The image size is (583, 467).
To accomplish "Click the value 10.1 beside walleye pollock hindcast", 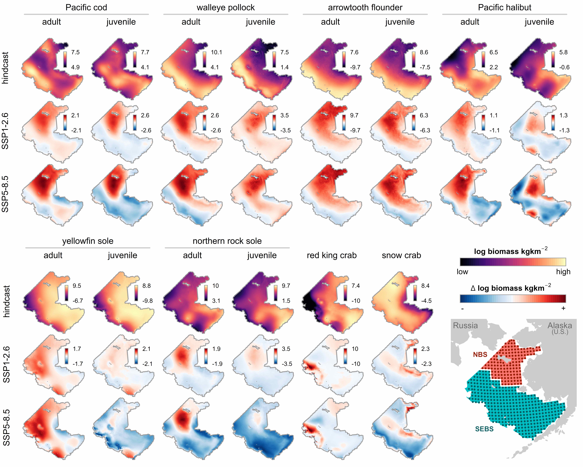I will point(216,52).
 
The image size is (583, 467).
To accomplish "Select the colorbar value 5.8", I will point(563,52).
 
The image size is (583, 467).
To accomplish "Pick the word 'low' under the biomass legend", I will point(462,272).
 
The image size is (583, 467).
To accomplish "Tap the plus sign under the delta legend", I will point(563,308).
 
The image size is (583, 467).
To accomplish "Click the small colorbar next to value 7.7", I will point(135,60).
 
